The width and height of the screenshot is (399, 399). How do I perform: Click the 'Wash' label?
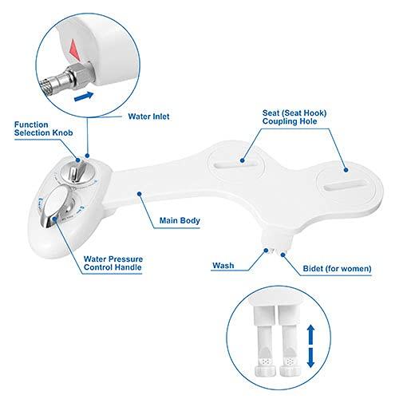click(223, 266)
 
